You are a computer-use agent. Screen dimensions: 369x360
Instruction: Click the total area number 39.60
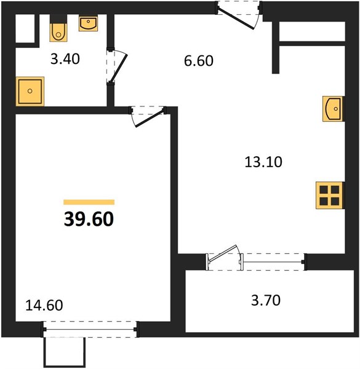(89, 219)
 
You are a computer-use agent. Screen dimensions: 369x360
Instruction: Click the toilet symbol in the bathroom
(59, 30)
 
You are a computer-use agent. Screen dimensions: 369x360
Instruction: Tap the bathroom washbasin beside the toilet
(89, 23)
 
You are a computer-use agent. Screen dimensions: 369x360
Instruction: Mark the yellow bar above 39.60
(89, 202)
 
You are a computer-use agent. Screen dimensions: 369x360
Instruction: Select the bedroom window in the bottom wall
(90, 330)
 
